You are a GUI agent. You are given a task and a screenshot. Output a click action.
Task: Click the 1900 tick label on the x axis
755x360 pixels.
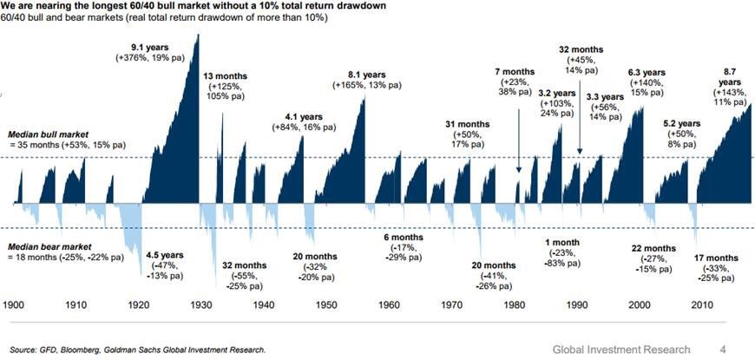click(x=15, y=305)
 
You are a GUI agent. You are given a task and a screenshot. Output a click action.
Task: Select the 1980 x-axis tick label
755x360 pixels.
click(x=511, y=305)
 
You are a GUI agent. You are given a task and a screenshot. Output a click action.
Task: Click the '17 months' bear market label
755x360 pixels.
click(x=719, y=258)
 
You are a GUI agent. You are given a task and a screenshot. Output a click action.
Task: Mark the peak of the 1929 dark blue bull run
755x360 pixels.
click(x=198, y=35)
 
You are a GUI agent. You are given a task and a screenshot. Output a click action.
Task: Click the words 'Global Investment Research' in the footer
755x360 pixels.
click(x=622, y=349)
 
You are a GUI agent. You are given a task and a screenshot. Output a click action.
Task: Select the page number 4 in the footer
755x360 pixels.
click(x=722, y=349)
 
